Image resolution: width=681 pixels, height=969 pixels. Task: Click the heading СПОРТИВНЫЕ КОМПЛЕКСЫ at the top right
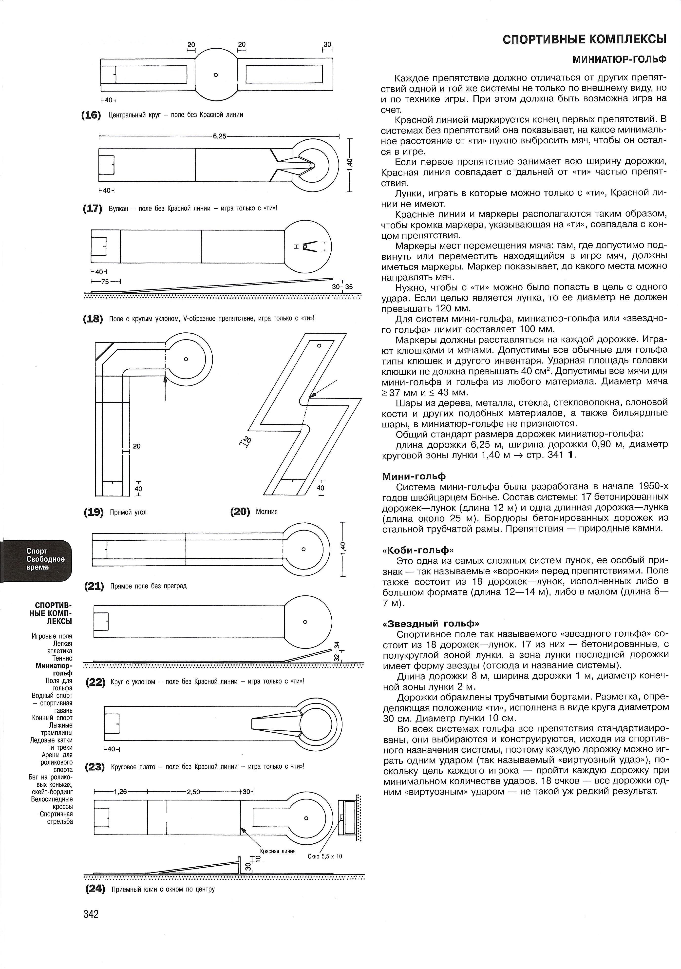(584, 40)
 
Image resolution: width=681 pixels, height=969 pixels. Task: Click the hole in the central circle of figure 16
(216, 75)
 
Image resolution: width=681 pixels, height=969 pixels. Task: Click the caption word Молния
(267, 512)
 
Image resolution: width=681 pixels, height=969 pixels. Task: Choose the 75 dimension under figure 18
(106, 281)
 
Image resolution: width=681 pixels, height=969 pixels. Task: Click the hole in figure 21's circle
(303, 550)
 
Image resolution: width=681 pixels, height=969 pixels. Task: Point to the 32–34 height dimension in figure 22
(336, 652)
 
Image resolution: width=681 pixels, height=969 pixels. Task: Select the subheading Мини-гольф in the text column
(414, 476)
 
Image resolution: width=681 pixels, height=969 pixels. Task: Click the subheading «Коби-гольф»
(418, 550)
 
